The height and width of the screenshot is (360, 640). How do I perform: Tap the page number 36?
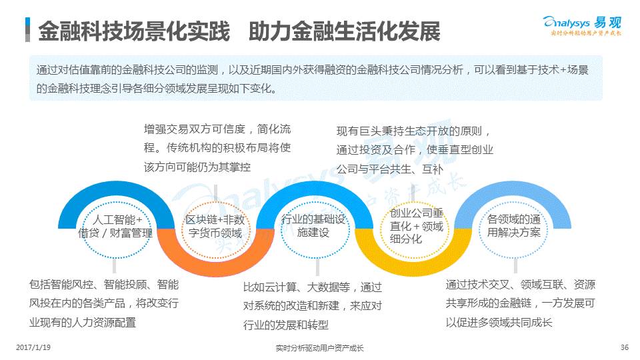624,347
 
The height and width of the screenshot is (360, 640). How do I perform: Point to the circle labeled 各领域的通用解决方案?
513,226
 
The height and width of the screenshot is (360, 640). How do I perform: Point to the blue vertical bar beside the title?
27,30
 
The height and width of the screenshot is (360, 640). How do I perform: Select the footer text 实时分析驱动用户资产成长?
319,348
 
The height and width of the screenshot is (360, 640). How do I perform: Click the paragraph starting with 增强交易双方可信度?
217,148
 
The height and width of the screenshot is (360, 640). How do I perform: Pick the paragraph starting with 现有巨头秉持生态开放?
414,150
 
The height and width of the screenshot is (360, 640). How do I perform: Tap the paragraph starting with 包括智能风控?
104,303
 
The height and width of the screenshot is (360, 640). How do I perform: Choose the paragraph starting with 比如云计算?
313,307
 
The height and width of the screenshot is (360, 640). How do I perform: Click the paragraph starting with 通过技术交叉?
520,303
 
